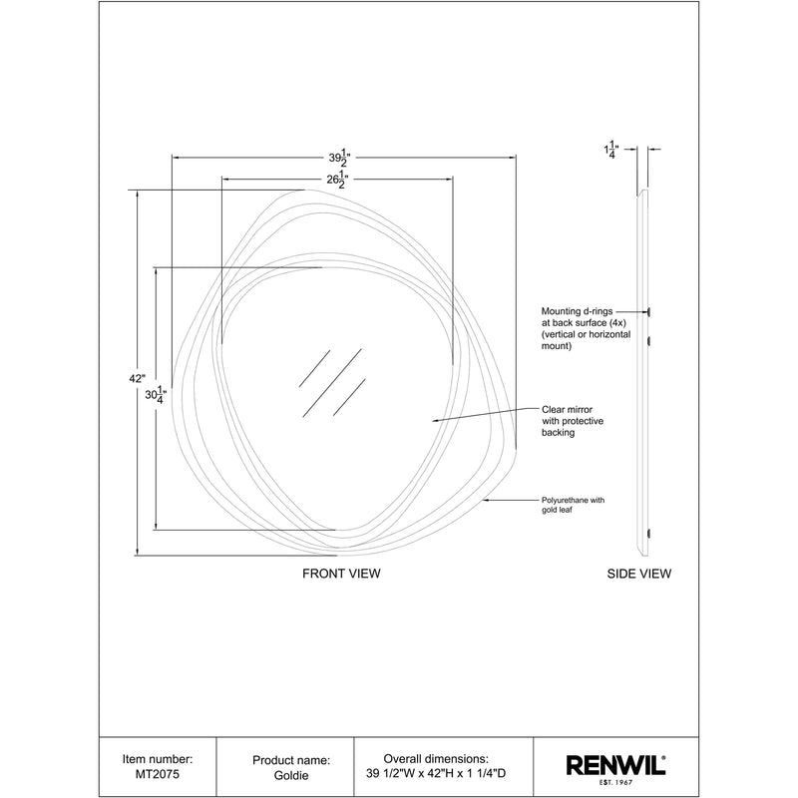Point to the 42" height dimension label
[x=138, y=379]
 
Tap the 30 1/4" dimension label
[x=154, y=395]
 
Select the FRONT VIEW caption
[x=341, y=574]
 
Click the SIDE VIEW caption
[x=639, y=574]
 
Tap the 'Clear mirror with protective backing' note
[x=572, y=421]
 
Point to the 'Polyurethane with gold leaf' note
[x=573, y=505]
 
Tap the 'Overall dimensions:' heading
[x=436, y=759]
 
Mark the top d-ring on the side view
[x=649, y=312]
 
